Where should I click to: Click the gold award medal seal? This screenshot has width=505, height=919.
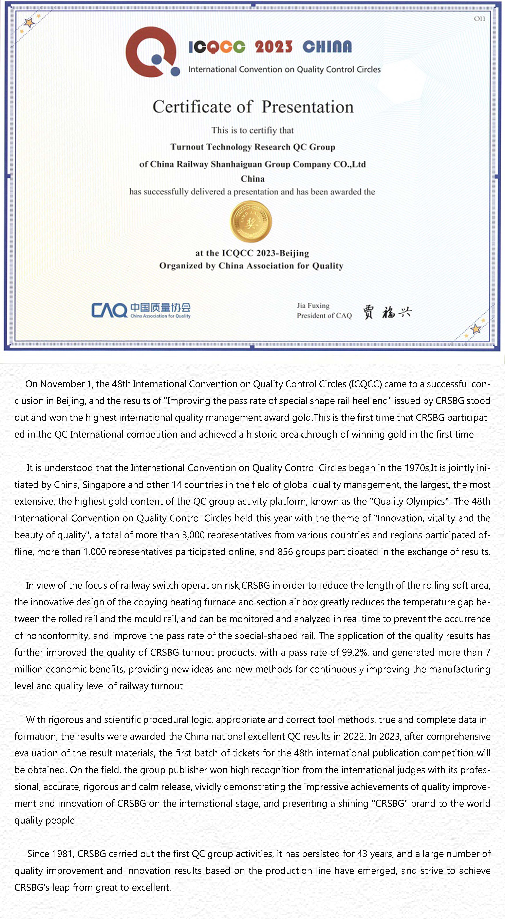(x=251, y=222)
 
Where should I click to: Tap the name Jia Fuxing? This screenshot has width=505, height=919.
(x=313, y=306)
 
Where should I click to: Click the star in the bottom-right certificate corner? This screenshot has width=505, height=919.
(x=476, y=329)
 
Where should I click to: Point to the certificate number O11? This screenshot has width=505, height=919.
(x=479, y=19)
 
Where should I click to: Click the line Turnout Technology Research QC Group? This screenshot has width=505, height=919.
(x=252, y=147)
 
